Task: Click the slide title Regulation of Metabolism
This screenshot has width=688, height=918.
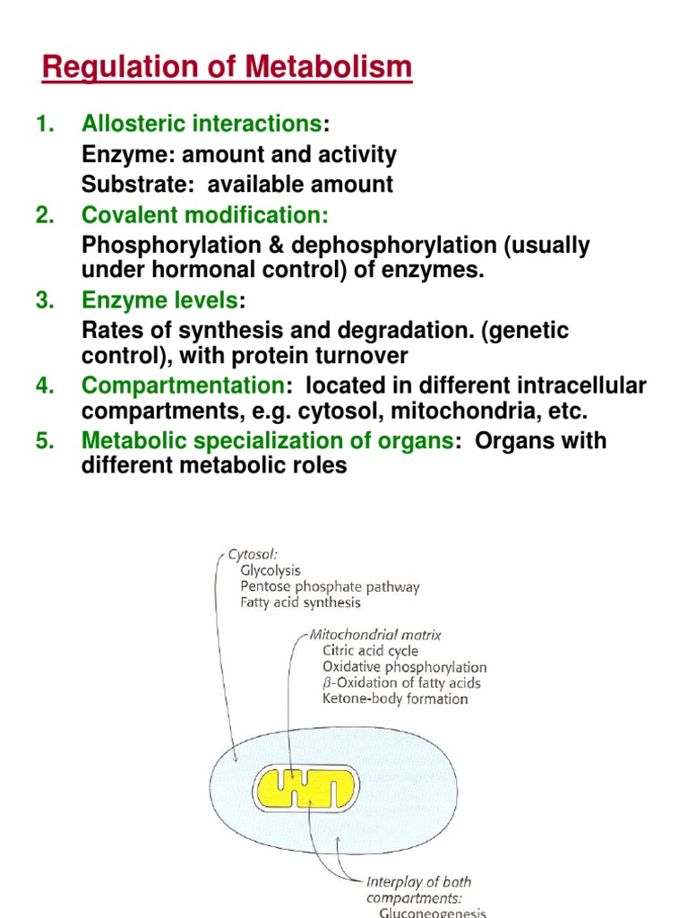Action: [228, 67]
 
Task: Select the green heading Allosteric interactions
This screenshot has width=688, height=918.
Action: [201, 124]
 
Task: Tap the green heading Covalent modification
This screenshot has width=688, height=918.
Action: [205, 215]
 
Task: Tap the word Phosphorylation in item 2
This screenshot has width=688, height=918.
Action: [158, 246]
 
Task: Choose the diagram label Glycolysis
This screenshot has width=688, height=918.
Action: [271, 570]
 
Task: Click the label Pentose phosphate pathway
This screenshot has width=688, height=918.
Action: [330, 586]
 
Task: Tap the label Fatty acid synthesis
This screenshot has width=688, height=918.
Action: [300, 602]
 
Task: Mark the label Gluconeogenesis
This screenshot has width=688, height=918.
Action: [433, 911]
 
